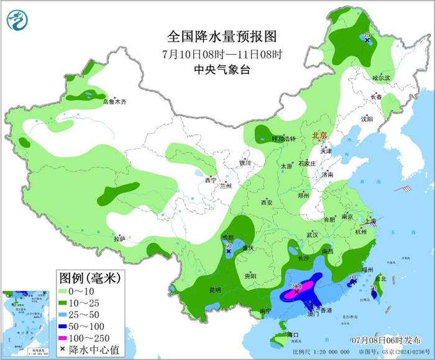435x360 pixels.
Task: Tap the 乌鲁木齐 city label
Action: click(114, 101)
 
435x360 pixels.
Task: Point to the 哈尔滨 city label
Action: click(381, 78)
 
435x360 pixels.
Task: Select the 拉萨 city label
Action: click(119, 238)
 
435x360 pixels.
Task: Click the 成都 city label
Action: click(229, 237)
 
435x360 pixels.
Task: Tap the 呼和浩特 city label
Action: click(284, 139)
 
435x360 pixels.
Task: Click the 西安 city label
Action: click(267, 202)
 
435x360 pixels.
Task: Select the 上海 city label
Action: click(369, 221)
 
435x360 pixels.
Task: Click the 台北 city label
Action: click(382, 279)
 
